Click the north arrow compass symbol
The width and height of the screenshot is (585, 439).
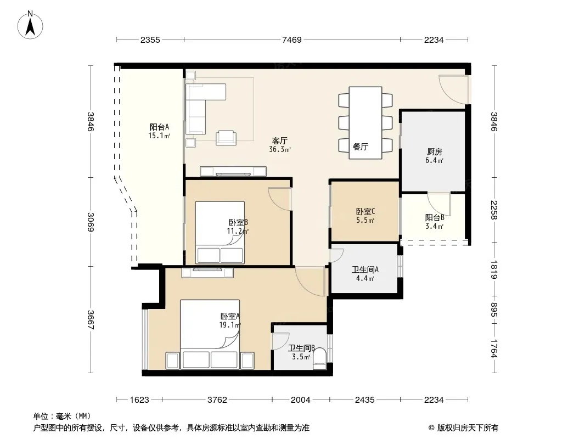tap(30, 25)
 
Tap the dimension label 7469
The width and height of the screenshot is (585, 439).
tap(292, 40)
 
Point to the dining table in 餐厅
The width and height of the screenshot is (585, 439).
tap(365, 123)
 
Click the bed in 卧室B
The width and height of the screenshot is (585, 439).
tap(220, 232)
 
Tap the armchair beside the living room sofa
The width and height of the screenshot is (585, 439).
tap(226, 138)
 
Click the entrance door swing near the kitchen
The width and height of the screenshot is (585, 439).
tap(453, 89)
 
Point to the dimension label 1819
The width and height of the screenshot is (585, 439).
tap(494, 269)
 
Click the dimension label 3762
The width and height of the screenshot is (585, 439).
tap(217, 400)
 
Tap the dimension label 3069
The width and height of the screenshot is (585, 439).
tap(91, 222)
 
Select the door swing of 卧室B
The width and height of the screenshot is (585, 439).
tap(279, 199)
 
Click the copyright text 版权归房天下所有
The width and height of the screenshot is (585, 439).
tap(468, 428)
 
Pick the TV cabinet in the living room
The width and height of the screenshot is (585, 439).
tap(233, 171)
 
